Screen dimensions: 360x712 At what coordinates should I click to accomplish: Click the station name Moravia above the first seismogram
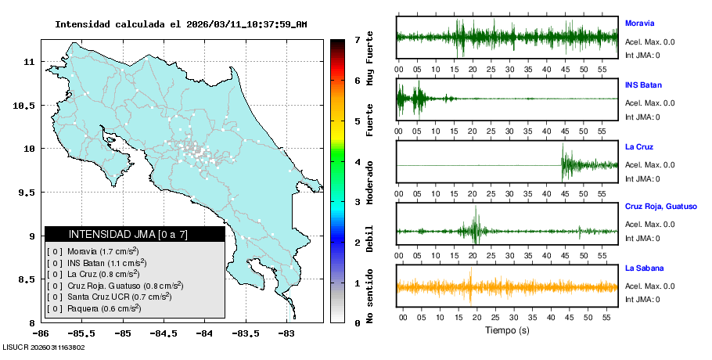click(x=639, y=23)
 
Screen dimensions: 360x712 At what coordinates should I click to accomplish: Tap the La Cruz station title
click(x=639, y=146)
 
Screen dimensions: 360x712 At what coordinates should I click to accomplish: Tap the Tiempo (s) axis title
click(x=507, y=330)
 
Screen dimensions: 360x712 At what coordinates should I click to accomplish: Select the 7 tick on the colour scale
click(x=357, y=40)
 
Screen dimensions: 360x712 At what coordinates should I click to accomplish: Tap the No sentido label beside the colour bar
click(x=369, y=297)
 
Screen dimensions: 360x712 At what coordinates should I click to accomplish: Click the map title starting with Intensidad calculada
click(x=181, y=24)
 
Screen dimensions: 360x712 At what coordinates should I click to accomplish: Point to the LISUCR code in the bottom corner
click(x=44, y=347)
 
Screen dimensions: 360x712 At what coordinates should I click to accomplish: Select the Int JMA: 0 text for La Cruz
click(x=642, y=178)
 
